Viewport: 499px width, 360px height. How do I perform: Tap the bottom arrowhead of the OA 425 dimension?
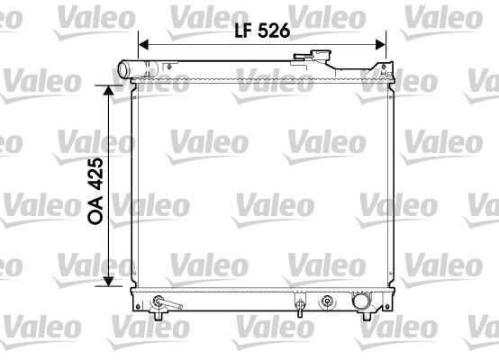click(111, 282)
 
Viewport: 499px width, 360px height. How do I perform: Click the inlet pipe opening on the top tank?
click(124, 70)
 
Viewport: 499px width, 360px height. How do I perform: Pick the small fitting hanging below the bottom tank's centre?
click(298, 310)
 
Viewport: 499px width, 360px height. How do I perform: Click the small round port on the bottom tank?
click(326, 300)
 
